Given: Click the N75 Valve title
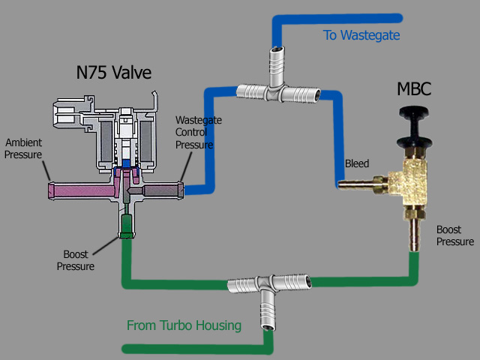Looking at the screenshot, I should [x=114, y=73].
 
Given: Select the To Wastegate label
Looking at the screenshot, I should [x=361, y=35].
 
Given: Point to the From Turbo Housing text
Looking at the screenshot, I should [x=184, y=325].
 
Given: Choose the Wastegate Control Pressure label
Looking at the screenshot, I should [x=194, y=133].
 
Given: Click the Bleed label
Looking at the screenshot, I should [x=356, y=163].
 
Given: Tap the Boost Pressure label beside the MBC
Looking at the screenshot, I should [x=455, y=235].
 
